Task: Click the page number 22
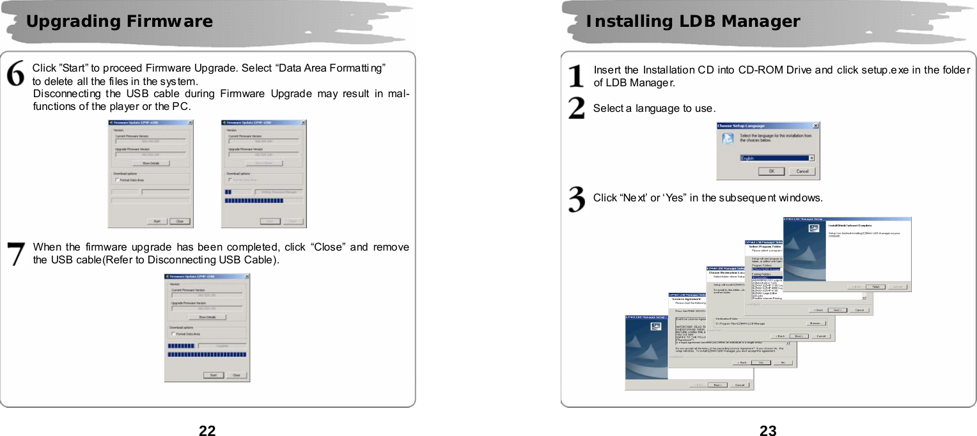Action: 207,430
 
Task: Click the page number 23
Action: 768,430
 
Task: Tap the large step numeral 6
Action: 16,74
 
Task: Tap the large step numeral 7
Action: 16,253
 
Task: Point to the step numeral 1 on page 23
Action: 576,75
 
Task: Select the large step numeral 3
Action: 576,199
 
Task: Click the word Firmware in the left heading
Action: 169,22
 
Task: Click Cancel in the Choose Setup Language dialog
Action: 801,171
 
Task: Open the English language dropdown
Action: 811,158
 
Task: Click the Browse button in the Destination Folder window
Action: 816,323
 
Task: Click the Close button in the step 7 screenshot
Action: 236,375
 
